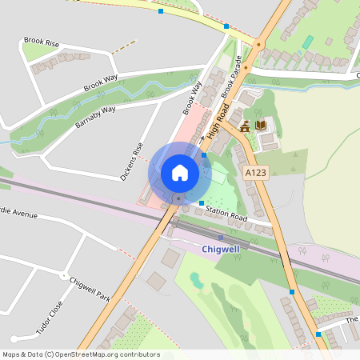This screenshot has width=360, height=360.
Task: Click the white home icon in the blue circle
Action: coord(180,172)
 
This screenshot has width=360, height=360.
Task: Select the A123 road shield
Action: coord(256,172)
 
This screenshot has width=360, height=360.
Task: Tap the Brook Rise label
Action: coord(42,41)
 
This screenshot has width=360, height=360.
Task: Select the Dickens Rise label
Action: coord(130,161)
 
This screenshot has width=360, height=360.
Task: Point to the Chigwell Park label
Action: coord(90,286)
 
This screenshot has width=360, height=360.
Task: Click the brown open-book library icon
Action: coord(260,125)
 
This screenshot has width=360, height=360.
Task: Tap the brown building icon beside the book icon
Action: coord(245,125)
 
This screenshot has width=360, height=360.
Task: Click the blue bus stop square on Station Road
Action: coord(201,203)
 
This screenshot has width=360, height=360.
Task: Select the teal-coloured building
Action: coord(308,42)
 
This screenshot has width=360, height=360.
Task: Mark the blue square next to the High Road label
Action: coord(205,154)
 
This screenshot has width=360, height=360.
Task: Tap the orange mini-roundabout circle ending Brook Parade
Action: coord(258,45)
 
